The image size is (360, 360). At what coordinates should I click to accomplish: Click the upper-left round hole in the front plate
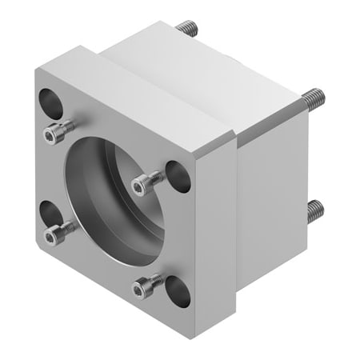pyautogui.click(x=50, y=102)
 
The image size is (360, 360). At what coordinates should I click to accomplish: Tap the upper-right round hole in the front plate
pyautogui.click(x=178, y=176)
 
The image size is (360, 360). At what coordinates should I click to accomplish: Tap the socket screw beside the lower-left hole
pyautogui.click(x=56, y=233)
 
